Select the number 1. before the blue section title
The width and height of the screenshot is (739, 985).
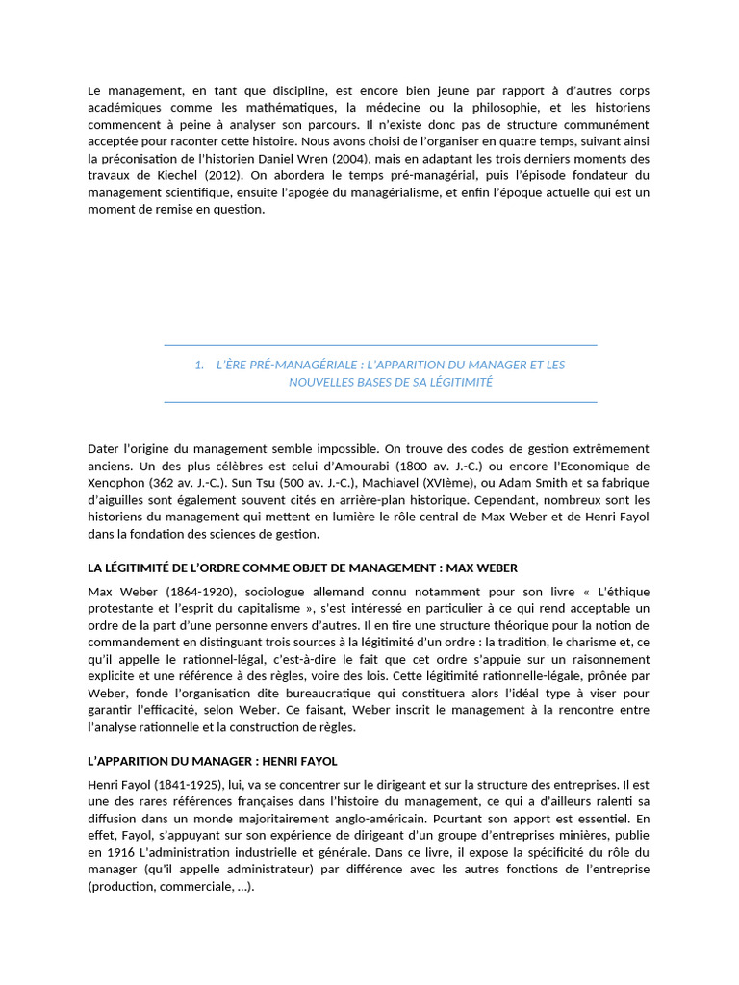point(199,365)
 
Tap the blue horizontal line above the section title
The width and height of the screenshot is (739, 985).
point(380,344)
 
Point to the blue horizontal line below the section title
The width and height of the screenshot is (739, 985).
point(380,402)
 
